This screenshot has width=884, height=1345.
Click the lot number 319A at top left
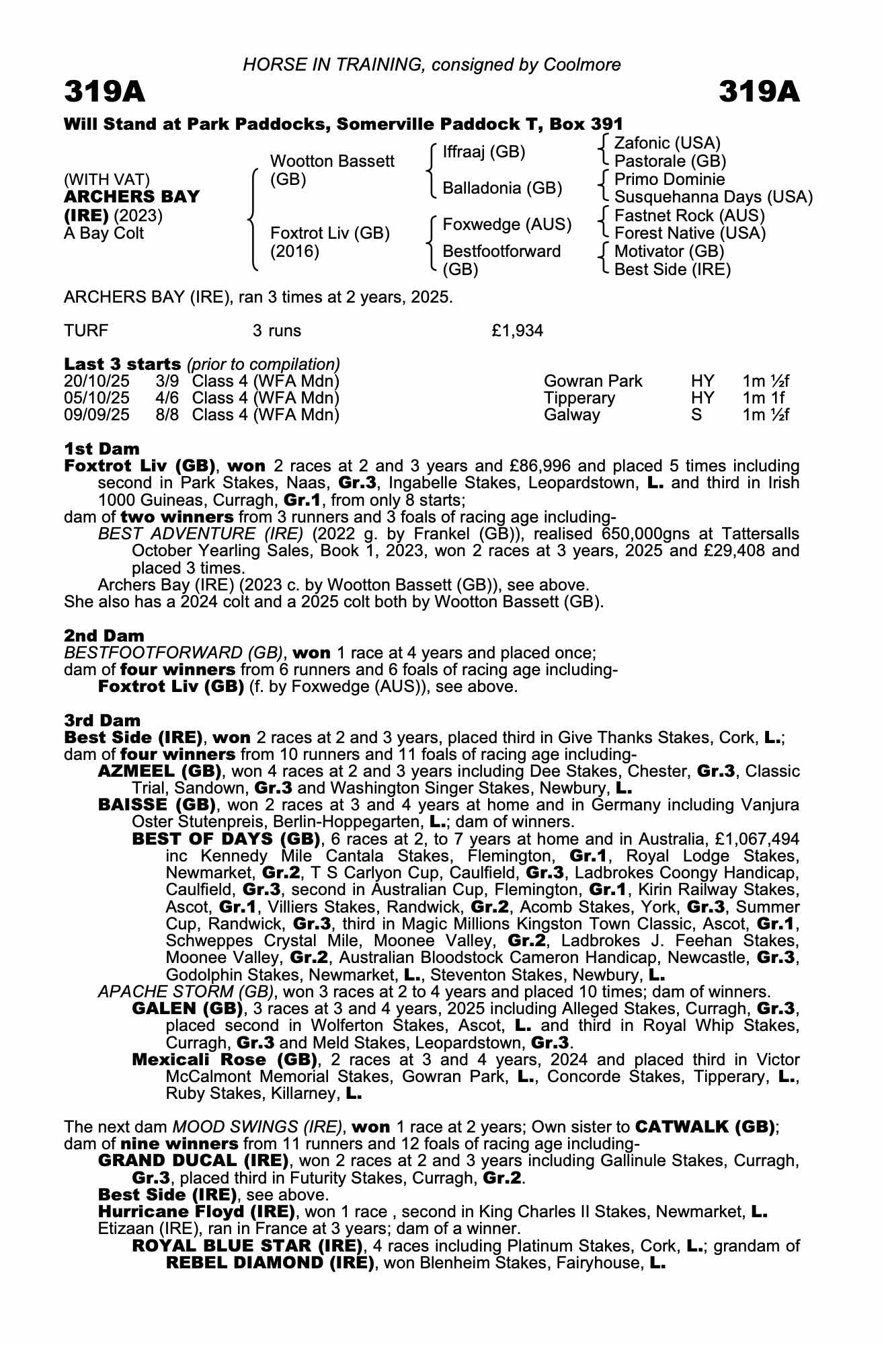click(x=105, y=92)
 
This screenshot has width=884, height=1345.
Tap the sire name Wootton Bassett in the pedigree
click(x=332, y=161)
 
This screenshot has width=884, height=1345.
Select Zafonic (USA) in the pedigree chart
click(x=667, y=143)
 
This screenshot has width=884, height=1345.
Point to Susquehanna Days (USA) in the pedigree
click(x=713, y=197)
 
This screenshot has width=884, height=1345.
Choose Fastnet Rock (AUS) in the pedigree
click(x=689, y=216)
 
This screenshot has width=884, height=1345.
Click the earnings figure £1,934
click(x=518, y=331)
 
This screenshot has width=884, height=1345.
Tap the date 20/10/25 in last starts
click(x=97, y=381)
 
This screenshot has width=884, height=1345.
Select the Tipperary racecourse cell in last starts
click(x=579, y=398)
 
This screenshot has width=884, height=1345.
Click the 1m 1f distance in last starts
click(x=764, y=398)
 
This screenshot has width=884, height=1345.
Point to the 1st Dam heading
click(x=102, y=449)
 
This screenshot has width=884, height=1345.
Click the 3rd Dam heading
click(x=102, y=720)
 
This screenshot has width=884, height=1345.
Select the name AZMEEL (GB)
click(x=160, y=771)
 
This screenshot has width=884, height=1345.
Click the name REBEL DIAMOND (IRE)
click(x=270, y=1262)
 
